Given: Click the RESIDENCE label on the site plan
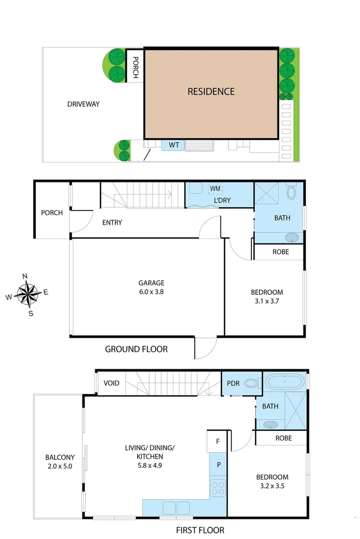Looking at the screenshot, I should pos(211,91).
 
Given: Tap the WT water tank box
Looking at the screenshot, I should pos(174,145).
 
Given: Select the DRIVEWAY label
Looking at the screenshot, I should pos(83,105).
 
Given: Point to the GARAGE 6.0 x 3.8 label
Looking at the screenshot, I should pos(152,287).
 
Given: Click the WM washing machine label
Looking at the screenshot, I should pos(215,188).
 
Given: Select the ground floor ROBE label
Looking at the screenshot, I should pos(281,252).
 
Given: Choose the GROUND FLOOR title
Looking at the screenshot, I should pos(136,349).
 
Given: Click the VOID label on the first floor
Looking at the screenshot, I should pos(111,383).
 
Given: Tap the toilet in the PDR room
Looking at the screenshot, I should pos(251,384).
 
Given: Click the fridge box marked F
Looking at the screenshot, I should pos(218,441).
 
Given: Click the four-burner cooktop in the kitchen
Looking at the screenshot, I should pos(218,488).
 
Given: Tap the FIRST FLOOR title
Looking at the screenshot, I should pos(200,530).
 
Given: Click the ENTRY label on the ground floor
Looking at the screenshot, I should pos(112,222).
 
